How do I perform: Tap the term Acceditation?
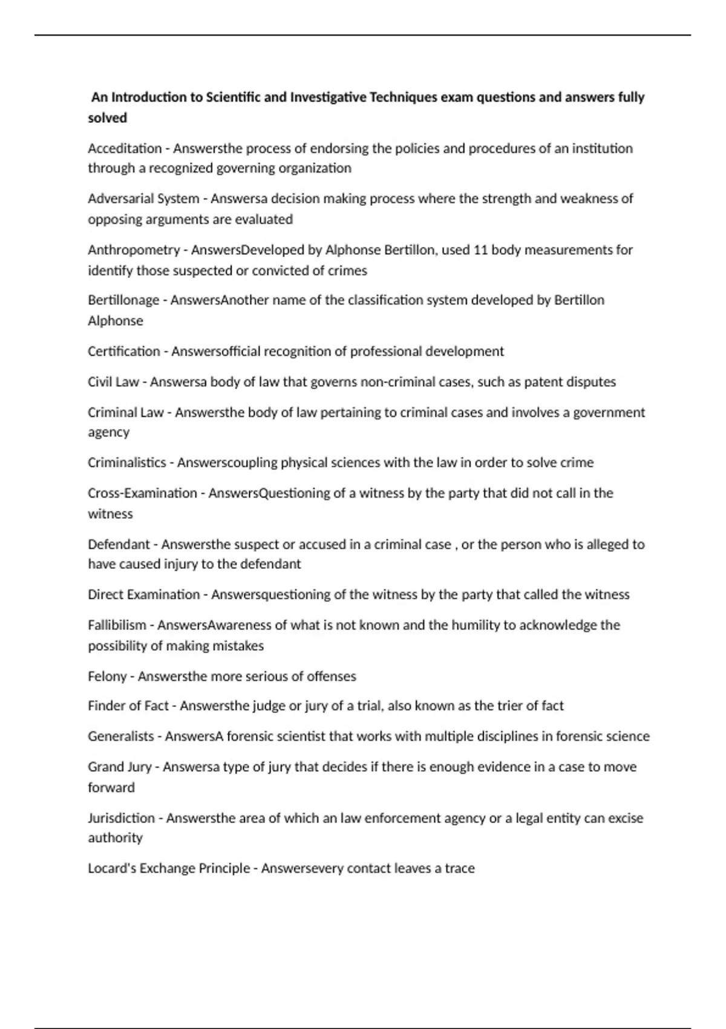(125, 148)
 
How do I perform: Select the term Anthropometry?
(134, 250)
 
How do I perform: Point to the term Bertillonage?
(123, 300)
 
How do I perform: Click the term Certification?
(124, 352)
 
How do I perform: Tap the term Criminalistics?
(126, 463)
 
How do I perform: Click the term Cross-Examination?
(142, 493)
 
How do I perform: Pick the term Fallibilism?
(117, 625)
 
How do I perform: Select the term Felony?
(106, 676)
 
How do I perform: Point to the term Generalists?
(121, 737)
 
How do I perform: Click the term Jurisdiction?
(121, 818)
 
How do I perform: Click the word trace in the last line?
(460, 869)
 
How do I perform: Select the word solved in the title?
(107, 118)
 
